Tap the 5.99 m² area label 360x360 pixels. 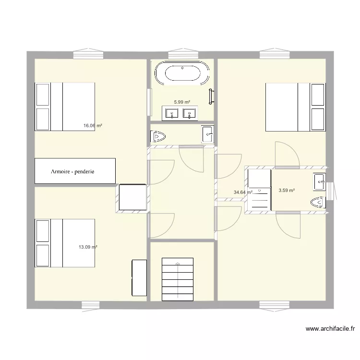pyautogui.click(x=182, y=102)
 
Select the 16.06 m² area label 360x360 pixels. pyautogui.click(x=93, y=126)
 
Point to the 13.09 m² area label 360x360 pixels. pyautogui.click(x=88, y=247)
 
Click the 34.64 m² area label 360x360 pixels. pyautogui.click(x=243, y=192)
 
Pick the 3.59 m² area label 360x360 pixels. pyautogui.click(x=287, y=191)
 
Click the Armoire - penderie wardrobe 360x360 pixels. pyautogui.click(x=75, y=171)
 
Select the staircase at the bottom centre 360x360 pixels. pyautogui.click(x=178, y=279)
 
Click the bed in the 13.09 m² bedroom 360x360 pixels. pyautogui.click(x=65, y=243)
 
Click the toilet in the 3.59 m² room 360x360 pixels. pyautogui.click(x=318, y=203)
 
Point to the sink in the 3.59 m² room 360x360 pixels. pyautogui.click(x=319, y=182)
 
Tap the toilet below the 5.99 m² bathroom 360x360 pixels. pyautogui.click(x=158, y=137)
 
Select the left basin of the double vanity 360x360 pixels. pyautogui.click(x=171, y=114)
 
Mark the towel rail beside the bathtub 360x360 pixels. pyautogui.click(x=211, y=96)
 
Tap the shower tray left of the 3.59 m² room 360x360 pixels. pyautogui.click(x=260, y=190)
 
